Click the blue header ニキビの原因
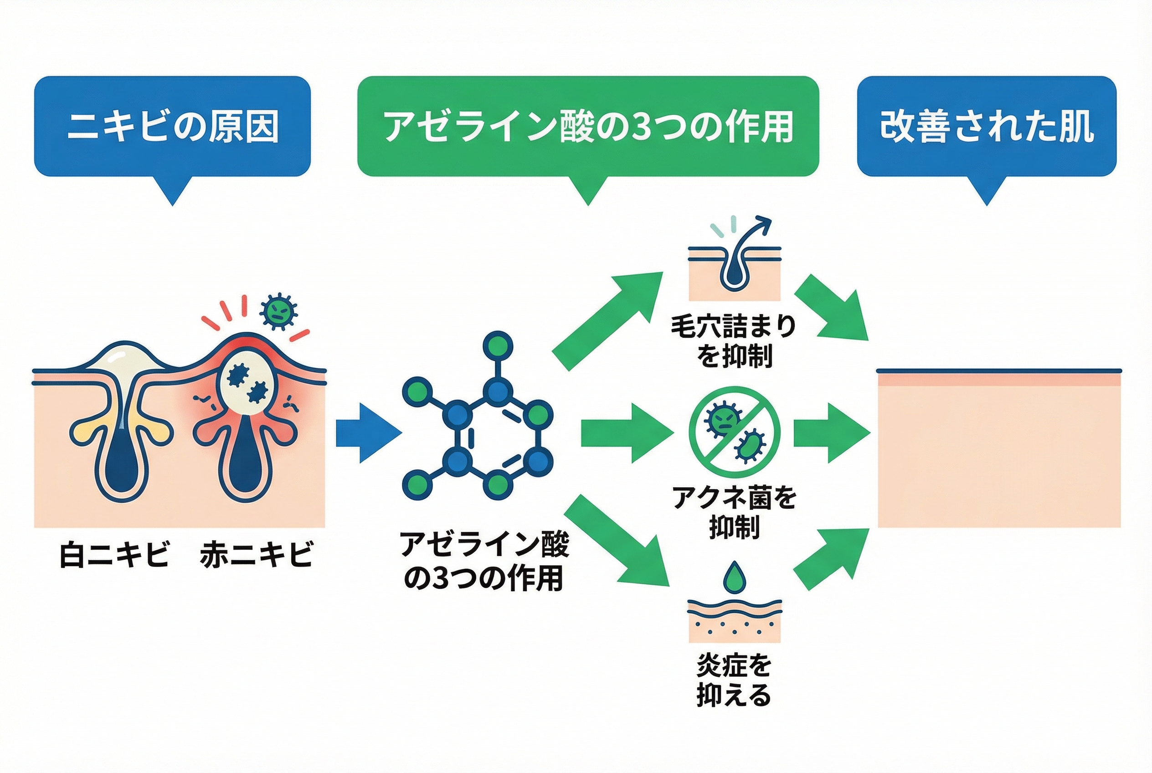tap(172, 126)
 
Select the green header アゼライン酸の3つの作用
tap(587, 126)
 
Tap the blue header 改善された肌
tap(987, 126)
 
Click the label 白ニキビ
tap(114, 554)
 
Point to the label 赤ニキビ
tap(256, 554)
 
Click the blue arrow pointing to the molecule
tap(367, 433)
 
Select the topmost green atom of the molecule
tap(497, 345)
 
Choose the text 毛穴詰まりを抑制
tap(734, 341)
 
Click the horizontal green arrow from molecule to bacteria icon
tap(626, 433)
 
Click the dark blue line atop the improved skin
tap(999, 371)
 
